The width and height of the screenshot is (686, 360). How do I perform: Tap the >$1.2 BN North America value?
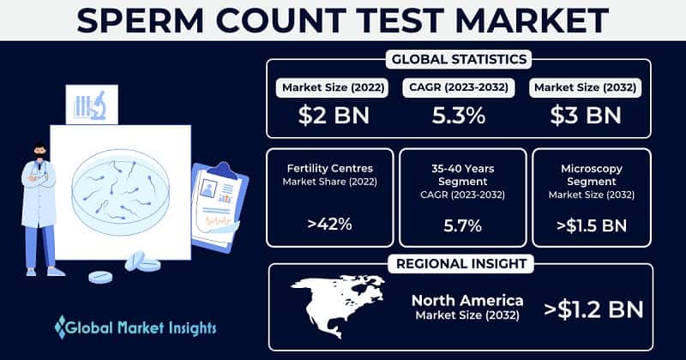click(x=593, y=306)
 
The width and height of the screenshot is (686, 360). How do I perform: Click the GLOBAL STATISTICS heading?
click(x=460, y=60)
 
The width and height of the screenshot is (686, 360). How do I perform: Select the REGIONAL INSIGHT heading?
click(x=460, y=262)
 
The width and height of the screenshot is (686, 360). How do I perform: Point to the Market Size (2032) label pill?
click(x=587, y=87)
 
